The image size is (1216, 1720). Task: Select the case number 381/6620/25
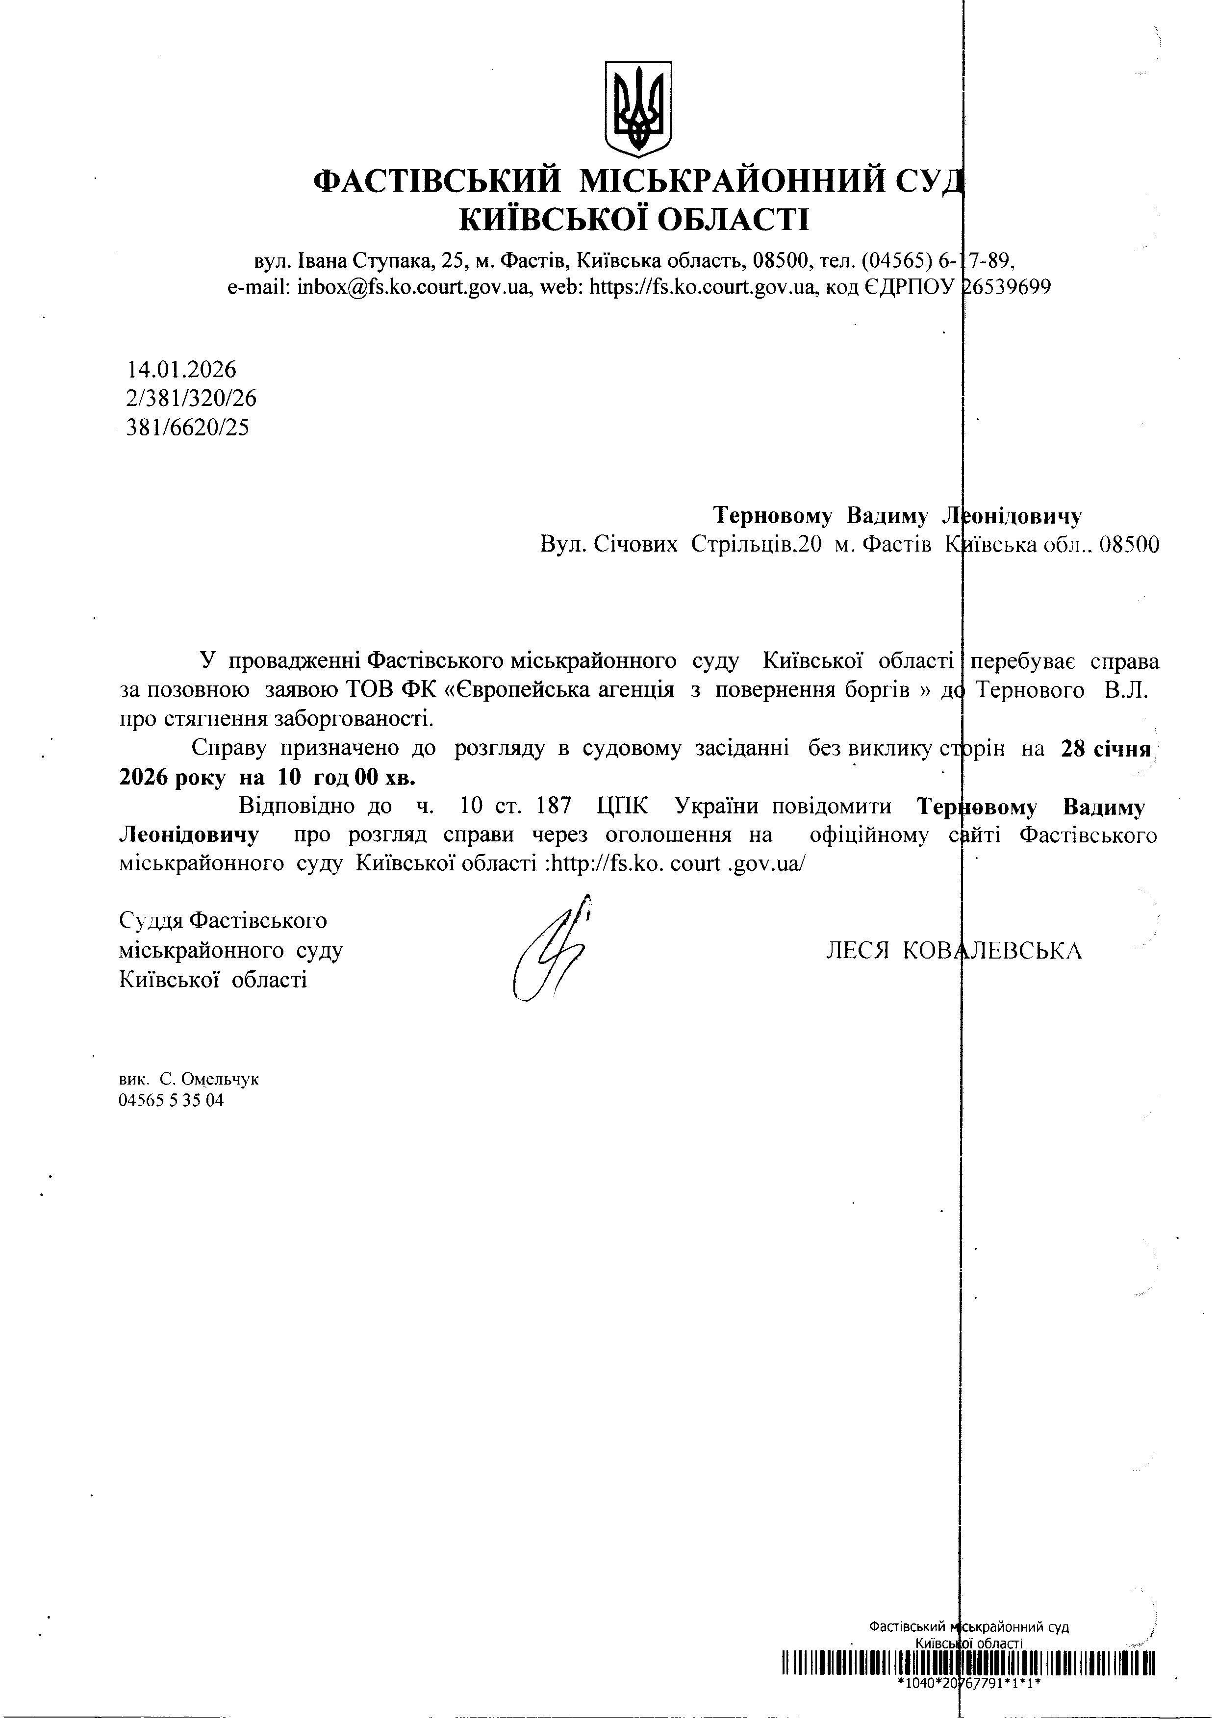point(188,428)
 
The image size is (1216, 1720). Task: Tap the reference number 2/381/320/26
point(192,399)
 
